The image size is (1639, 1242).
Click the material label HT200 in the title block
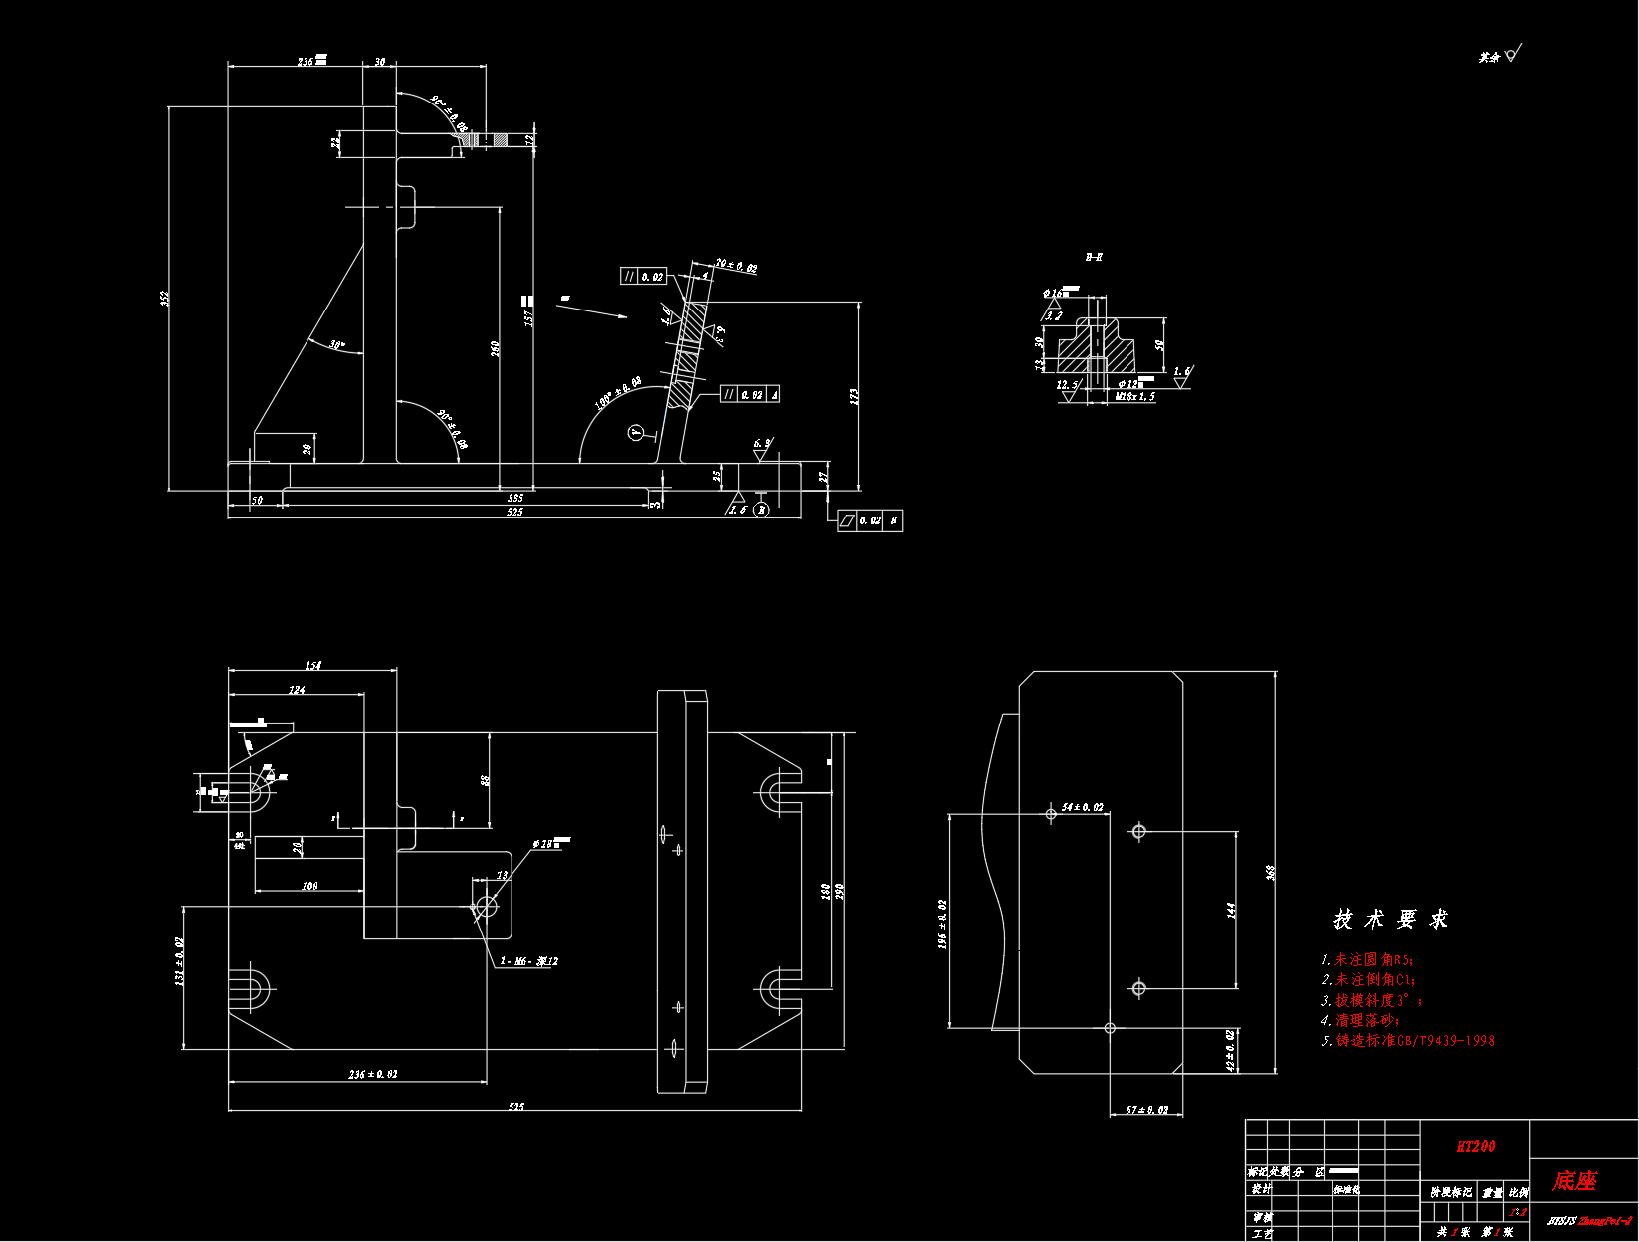pyautogui.click(x=1475, y=1146)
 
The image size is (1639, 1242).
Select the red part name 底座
pyautogui.click(x=1574, y=1181)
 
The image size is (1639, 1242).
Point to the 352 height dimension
pyautogui.click(x=165, y=298)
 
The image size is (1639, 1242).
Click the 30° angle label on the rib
pyautogui.click(x=337, y=345)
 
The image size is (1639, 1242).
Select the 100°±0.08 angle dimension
pyautogui.click(x=618, y=392)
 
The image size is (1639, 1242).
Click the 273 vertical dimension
pyautogui.click(x=854, y=396)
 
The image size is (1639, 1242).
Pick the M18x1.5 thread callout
pyautogui.click(x=1134, y=396)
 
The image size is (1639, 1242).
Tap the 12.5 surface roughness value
pyautogui.click(x=1067, y=384)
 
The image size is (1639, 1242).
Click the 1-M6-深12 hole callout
pyautogui.click(x=528, y=961)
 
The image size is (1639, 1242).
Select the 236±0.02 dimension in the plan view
pyautogui.click(x=373, y=1074)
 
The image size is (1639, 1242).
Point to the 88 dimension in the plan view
pyautogui.click(x=486, y=781)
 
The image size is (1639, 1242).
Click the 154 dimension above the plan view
pyautogui.click(x=313, y=665)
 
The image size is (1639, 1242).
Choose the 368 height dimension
pyautogui.click(x=1270, y=873)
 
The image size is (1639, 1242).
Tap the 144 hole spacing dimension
pyautogui.click(x=1232, y=910)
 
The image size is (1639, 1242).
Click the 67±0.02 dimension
pyautogui.click(x=1146, y=1109)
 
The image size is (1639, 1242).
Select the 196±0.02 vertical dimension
pyautogui.click(x=942, y=925)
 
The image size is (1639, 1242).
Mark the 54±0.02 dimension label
pyautogui.click(x=1083, y=807)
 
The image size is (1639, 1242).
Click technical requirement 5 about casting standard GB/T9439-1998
pyautogui.click(x=1408, y=1041)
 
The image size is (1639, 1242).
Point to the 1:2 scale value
pyautogui.click(x=1518, y=1212)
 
